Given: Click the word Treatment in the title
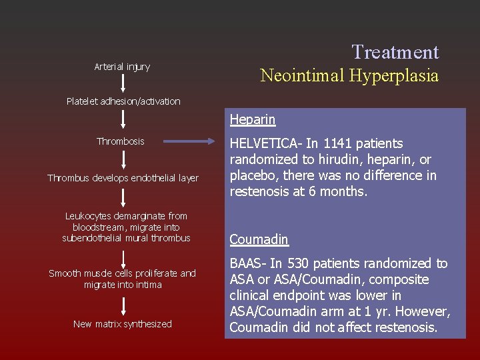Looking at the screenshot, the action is pos(395,52).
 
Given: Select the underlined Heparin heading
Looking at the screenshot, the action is pos(253,120).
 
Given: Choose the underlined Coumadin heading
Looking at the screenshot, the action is pos(259,239).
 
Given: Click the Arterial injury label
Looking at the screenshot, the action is pos(122,67).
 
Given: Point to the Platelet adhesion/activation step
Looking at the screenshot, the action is pos(123,101).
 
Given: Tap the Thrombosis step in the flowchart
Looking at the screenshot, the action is pos(120,141).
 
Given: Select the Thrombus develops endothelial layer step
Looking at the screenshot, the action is pos(123,178).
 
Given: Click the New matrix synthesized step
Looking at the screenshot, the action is pos(123,324).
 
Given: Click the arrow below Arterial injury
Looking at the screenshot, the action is pos(123,83).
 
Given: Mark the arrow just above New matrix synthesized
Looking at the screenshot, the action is pos(123,305).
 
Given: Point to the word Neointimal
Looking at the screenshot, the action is pos(300,76).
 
